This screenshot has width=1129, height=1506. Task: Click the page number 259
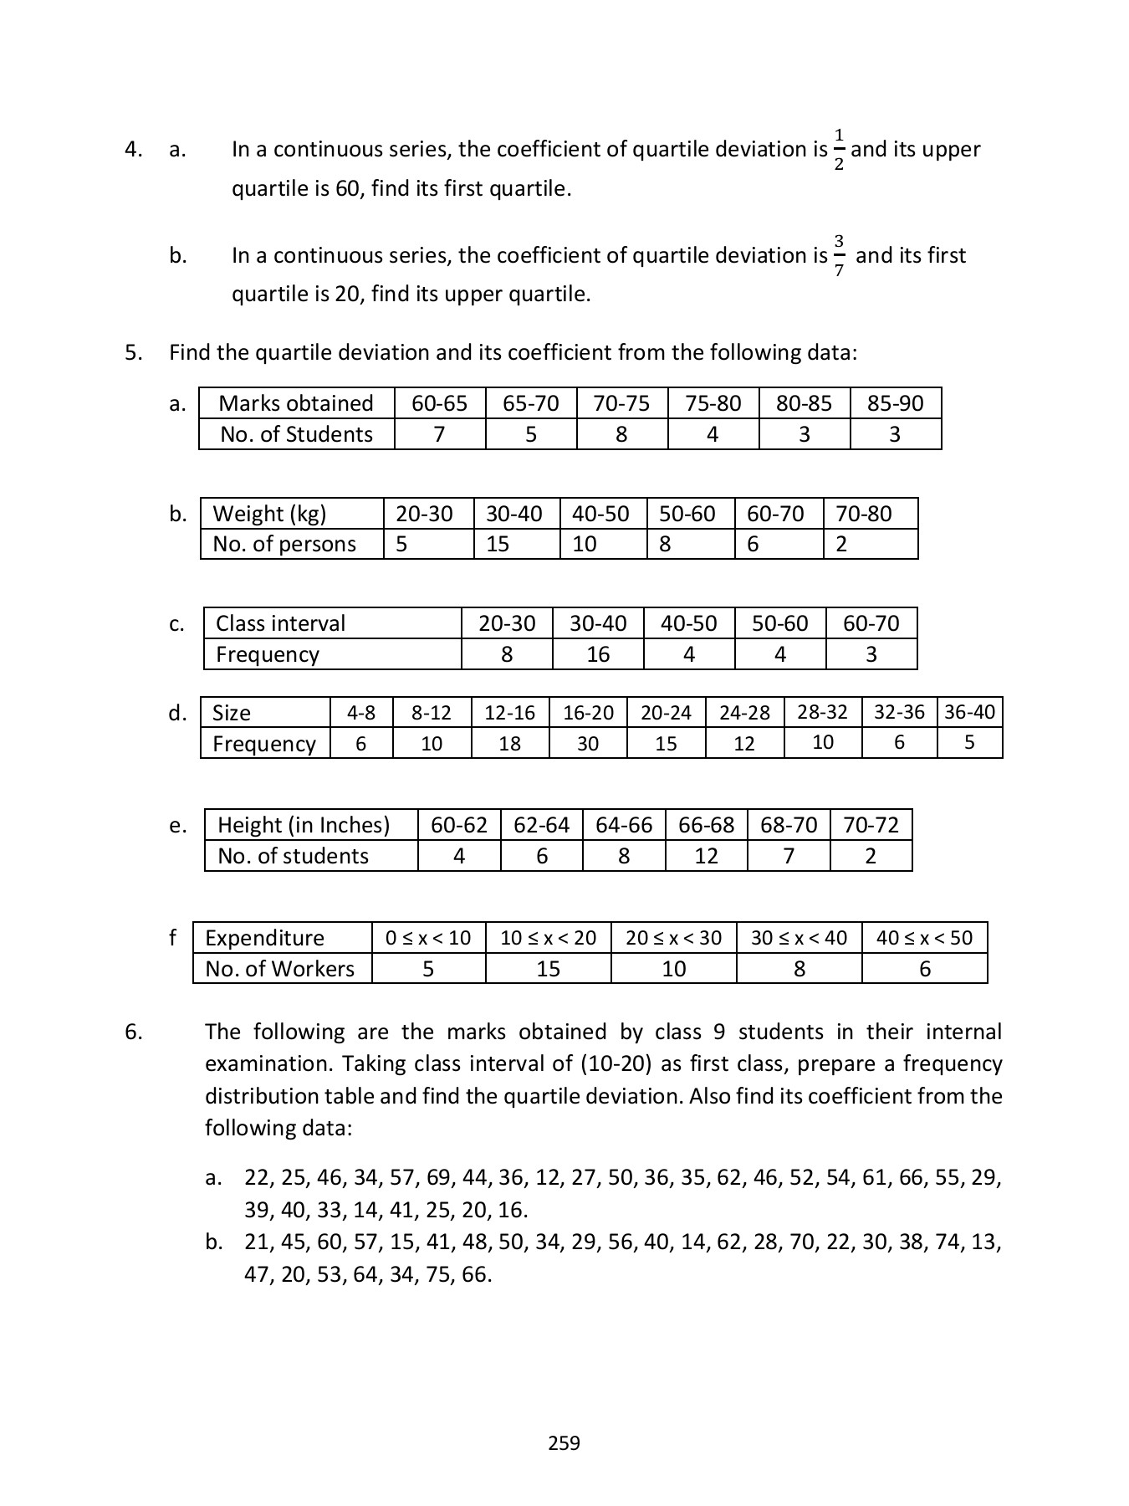tap(564, 1442)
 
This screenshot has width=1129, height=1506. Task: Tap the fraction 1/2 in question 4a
tap(839, 150)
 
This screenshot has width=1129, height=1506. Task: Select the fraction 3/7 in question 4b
tap(839, 256)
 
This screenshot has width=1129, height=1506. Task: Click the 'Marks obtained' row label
tap(296, 403)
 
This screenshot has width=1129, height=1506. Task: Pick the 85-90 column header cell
tap(895, 403)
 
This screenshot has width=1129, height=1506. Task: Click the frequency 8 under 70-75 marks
tap(621, 434)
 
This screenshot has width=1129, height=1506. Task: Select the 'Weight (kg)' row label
tap(269, 514)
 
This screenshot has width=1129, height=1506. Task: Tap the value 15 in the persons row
tap(498, 544)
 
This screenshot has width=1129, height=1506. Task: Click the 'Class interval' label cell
tap(280, 623)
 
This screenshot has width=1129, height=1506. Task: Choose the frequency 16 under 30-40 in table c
tap(598, 654)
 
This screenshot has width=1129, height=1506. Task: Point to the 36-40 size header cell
tap(969, 712)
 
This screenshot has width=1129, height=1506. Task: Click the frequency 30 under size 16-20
tap(588, 743)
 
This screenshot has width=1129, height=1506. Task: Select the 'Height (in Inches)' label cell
tap(304, 825)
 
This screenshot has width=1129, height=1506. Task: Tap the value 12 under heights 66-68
tap(706, 856)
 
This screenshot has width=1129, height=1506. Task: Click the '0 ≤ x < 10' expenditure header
tap(428, 938)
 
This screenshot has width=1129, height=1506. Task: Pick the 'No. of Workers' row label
tap(279, 969)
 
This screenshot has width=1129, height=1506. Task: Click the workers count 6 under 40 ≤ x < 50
tap(924, 969)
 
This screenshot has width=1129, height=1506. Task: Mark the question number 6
tap(134, 1032)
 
